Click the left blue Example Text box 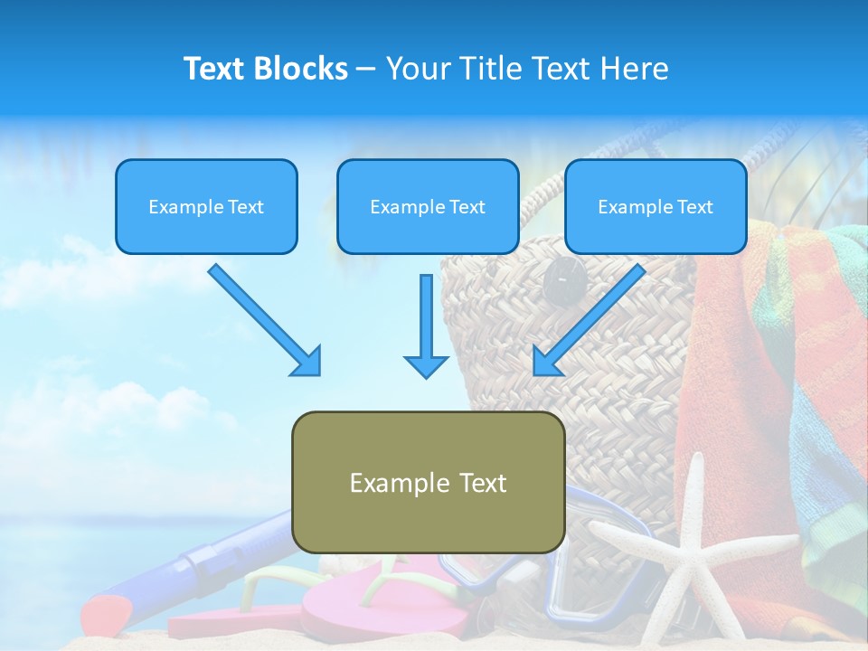tap(206, 206)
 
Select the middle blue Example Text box tap(428, 206)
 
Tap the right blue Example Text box tap(656, 206)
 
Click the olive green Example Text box tap(428, 483)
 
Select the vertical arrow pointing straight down tap(426, 325)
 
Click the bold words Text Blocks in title tap(265, 69)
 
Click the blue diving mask tap(579, 579)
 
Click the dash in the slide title tap(366, 70)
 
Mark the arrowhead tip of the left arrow tap(317, 373)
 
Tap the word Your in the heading tap(417, 69)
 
